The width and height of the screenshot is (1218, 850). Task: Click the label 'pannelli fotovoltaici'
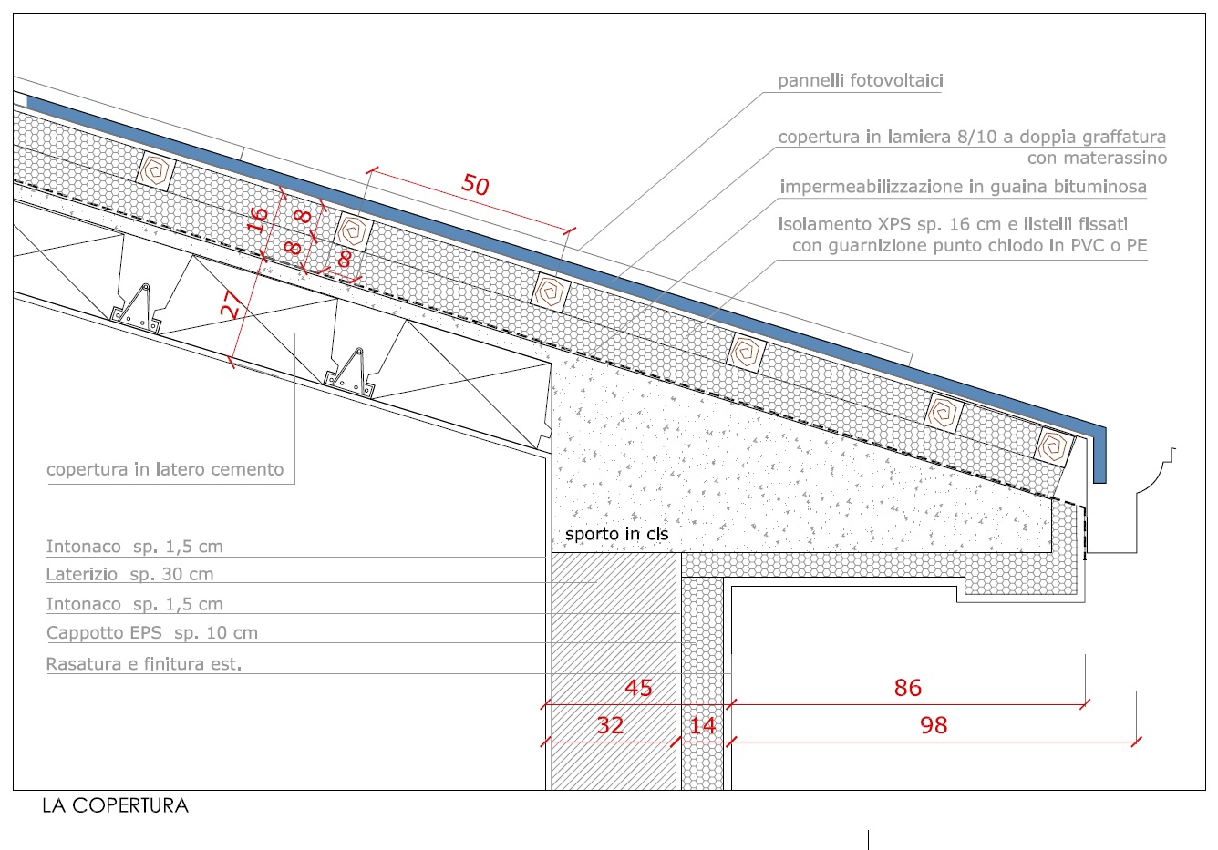860,81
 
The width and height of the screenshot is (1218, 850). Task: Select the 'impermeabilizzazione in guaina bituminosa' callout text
963,187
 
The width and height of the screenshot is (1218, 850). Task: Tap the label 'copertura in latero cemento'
165,470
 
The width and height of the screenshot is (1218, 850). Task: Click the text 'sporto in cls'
616,534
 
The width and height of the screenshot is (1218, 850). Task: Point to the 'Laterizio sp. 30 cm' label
129,575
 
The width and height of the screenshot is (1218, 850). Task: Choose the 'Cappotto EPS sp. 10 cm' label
151,633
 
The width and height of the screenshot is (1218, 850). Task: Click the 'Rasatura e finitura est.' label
144,664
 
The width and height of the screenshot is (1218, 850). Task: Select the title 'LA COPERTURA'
115,805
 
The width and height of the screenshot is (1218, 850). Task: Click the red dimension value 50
475,185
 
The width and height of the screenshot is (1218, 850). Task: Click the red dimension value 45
638,688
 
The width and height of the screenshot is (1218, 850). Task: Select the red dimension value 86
907,688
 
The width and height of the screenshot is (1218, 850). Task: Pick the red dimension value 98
934,725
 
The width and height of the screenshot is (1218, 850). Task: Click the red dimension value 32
610,725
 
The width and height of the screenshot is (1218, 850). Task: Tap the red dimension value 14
702,725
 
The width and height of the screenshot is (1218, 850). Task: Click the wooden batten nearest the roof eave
1055,446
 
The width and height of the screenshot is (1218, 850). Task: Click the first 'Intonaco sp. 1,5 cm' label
134,547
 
